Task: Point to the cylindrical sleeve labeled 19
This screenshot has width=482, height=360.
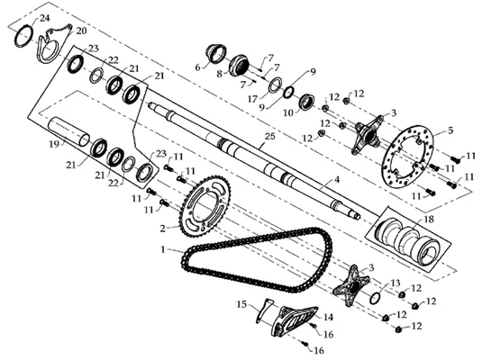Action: click(x=68, y=131)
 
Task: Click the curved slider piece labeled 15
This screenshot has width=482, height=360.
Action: click(x=264, y=310)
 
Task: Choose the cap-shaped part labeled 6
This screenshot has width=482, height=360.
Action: click(x=216, y=53)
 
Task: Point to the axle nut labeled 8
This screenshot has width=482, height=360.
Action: click(x=240, y=65)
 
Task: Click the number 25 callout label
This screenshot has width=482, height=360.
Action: click(x=269, y=136)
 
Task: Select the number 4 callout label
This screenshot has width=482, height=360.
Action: click(x=337, y=179)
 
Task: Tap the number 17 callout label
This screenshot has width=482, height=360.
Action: click(x=253, y=99)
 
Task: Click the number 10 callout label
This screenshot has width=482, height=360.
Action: click(x=288, y=113)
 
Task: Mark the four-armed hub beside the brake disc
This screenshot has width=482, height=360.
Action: click(x=368, y=135)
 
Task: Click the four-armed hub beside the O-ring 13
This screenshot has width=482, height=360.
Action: click(x=351, y=285)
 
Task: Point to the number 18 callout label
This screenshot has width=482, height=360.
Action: click(x=429, y=219)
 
